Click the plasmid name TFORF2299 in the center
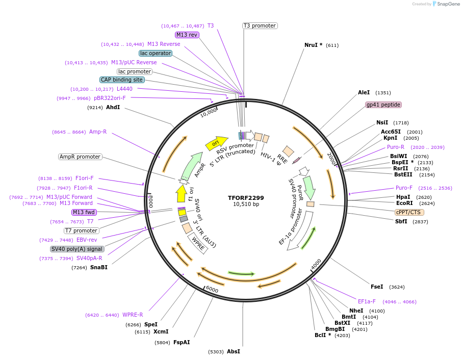[x=246, y=197]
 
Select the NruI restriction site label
[x=313, y=45]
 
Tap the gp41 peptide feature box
[x=383, y=105]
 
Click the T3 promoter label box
[x=260, y=25]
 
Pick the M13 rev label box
[x=187, y=35]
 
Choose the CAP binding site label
[x=122, y=80]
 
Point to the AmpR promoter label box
[x=80, y=157]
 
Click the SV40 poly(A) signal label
[x=77, y=249]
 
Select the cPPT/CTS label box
[x=409, y=212]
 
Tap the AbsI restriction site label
[x=233, y=351]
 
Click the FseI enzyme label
[x=377, y=287]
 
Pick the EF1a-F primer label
[x=367, y=301]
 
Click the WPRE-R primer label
[x=133, y=315]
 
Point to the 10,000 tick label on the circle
[x=209, y=113]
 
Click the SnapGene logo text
[x=446, y=4]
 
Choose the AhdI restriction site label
[x=113, y=107]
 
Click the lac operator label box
[x=155, y=53]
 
